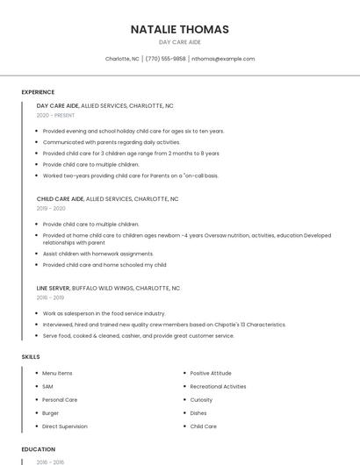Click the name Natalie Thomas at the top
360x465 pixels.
pos(179,29)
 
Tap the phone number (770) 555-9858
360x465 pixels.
pos(166,59)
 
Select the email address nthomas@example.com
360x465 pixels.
pos(223,59)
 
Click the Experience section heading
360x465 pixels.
pos(38,92)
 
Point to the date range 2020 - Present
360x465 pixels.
pos(55,115)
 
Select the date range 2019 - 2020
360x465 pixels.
pos(51,209)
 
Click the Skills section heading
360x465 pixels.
pos(31,357)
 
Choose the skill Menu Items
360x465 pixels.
pos(57,373)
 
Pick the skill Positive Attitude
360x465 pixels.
pos(211,373)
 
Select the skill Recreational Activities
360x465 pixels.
pos(218,386)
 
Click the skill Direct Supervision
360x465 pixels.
pos(65,426)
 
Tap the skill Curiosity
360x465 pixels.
pos(201,399)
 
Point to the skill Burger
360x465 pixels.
pos(50,412)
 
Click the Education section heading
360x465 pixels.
pos(38,449)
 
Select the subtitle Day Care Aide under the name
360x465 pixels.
pos(179,42)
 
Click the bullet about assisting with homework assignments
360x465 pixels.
pos(86,253)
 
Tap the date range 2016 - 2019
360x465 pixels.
pos(51,297)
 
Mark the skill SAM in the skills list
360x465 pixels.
pos(47,386)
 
